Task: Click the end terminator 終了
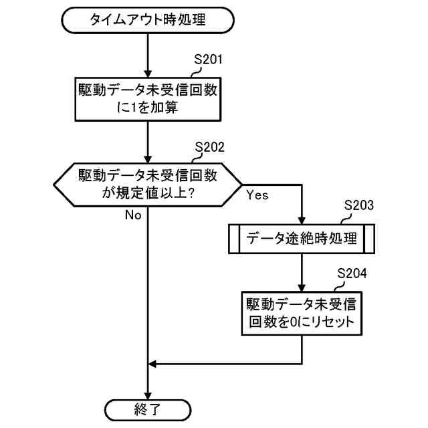coord(147,407)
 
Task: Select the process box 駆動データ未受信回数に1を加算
coord(147,98)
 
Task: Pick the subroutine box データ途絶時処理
coord(302,238)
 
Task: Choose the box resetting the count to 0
coord(302,314)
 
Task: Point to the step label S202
coord(209,146)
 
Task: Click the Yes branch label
coord(257,196)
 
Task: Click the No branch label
coord(132,215)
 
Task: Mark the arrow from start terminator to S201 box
coord(147,53)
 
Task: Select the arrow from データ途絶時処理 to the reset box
coord(302,272)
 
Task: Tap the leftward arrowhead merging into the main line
coord(152,364)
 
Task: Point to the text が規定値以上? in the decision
coord(147,194)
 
